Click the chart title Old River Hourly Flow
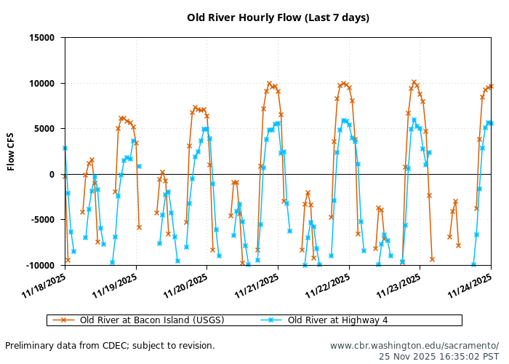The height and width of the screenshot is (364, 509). pyautogui.click(x=278, y=17)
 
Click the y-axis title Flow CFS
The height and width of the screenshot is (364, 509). pyautogui.click(x=11, y=151)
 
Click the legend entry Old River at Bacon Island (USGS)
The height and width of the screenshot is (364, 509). pyautogui.click(x=151, y=320)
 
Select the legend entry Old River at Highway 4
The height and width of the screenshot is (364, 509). pyautogui.click(x=337, y=320)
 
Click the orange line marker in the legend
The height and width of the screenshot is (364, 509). pyautogui.click(x=63, y=320)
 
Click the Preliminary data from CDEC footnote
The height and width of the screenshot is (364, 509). pyautogui.click(x=110, y=346)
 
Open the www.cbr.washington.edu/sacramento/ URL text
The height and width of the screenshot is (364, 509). pyautogui.click(x=414, y=346)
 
